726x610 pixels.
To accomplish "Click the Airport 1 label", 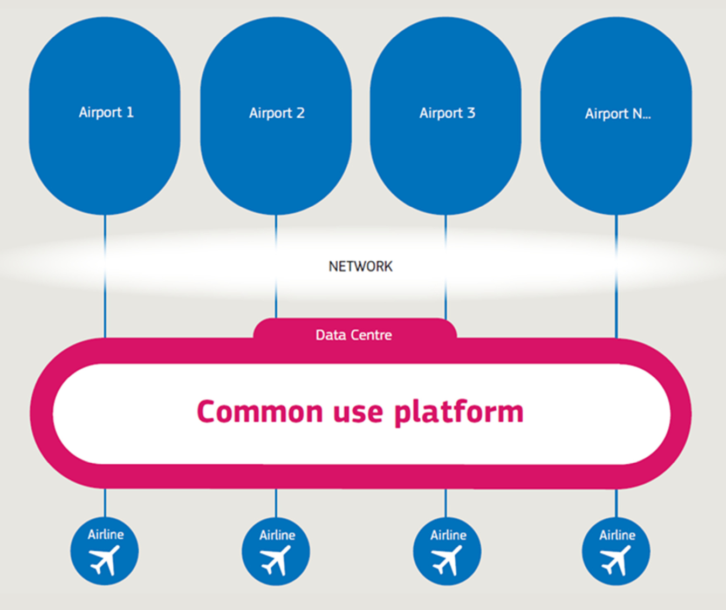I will coord(106,112).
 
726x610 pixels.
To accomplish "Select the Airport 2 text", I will coord(277,113).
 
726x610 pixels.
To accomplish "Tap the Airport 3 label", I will coord(447,113).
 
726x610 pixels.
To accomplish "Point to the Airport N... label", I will coord(618,114).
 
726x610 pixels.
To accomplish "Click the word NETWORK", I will coord(360,266).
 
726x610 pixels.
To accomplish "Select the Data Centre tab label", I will coord(354,335).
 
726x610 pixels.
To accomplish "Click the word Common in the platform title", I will coord(259,412).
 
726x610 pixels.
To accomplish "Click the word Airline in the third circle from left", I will coord(448,535).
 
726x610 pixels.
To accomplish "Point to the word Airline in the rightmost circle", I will coord(617,535).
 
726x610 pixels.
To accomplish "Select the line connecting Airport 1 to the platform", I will coord(105,275).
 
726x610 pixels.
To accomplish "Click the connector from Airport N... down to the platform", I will coord(617,275).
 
